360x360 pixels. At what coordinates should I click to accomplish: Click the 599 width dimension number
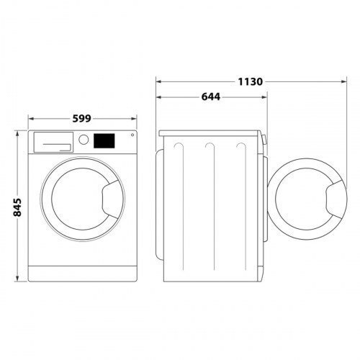(83, 120)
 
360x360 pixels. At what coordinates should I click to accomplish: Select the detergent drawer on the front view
(53, 142)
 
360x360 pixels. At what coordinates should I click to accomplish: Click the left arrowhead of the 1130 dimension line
(160, 81)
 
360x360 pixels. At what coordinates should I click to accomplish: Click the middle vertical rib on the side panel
(209, 209)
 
